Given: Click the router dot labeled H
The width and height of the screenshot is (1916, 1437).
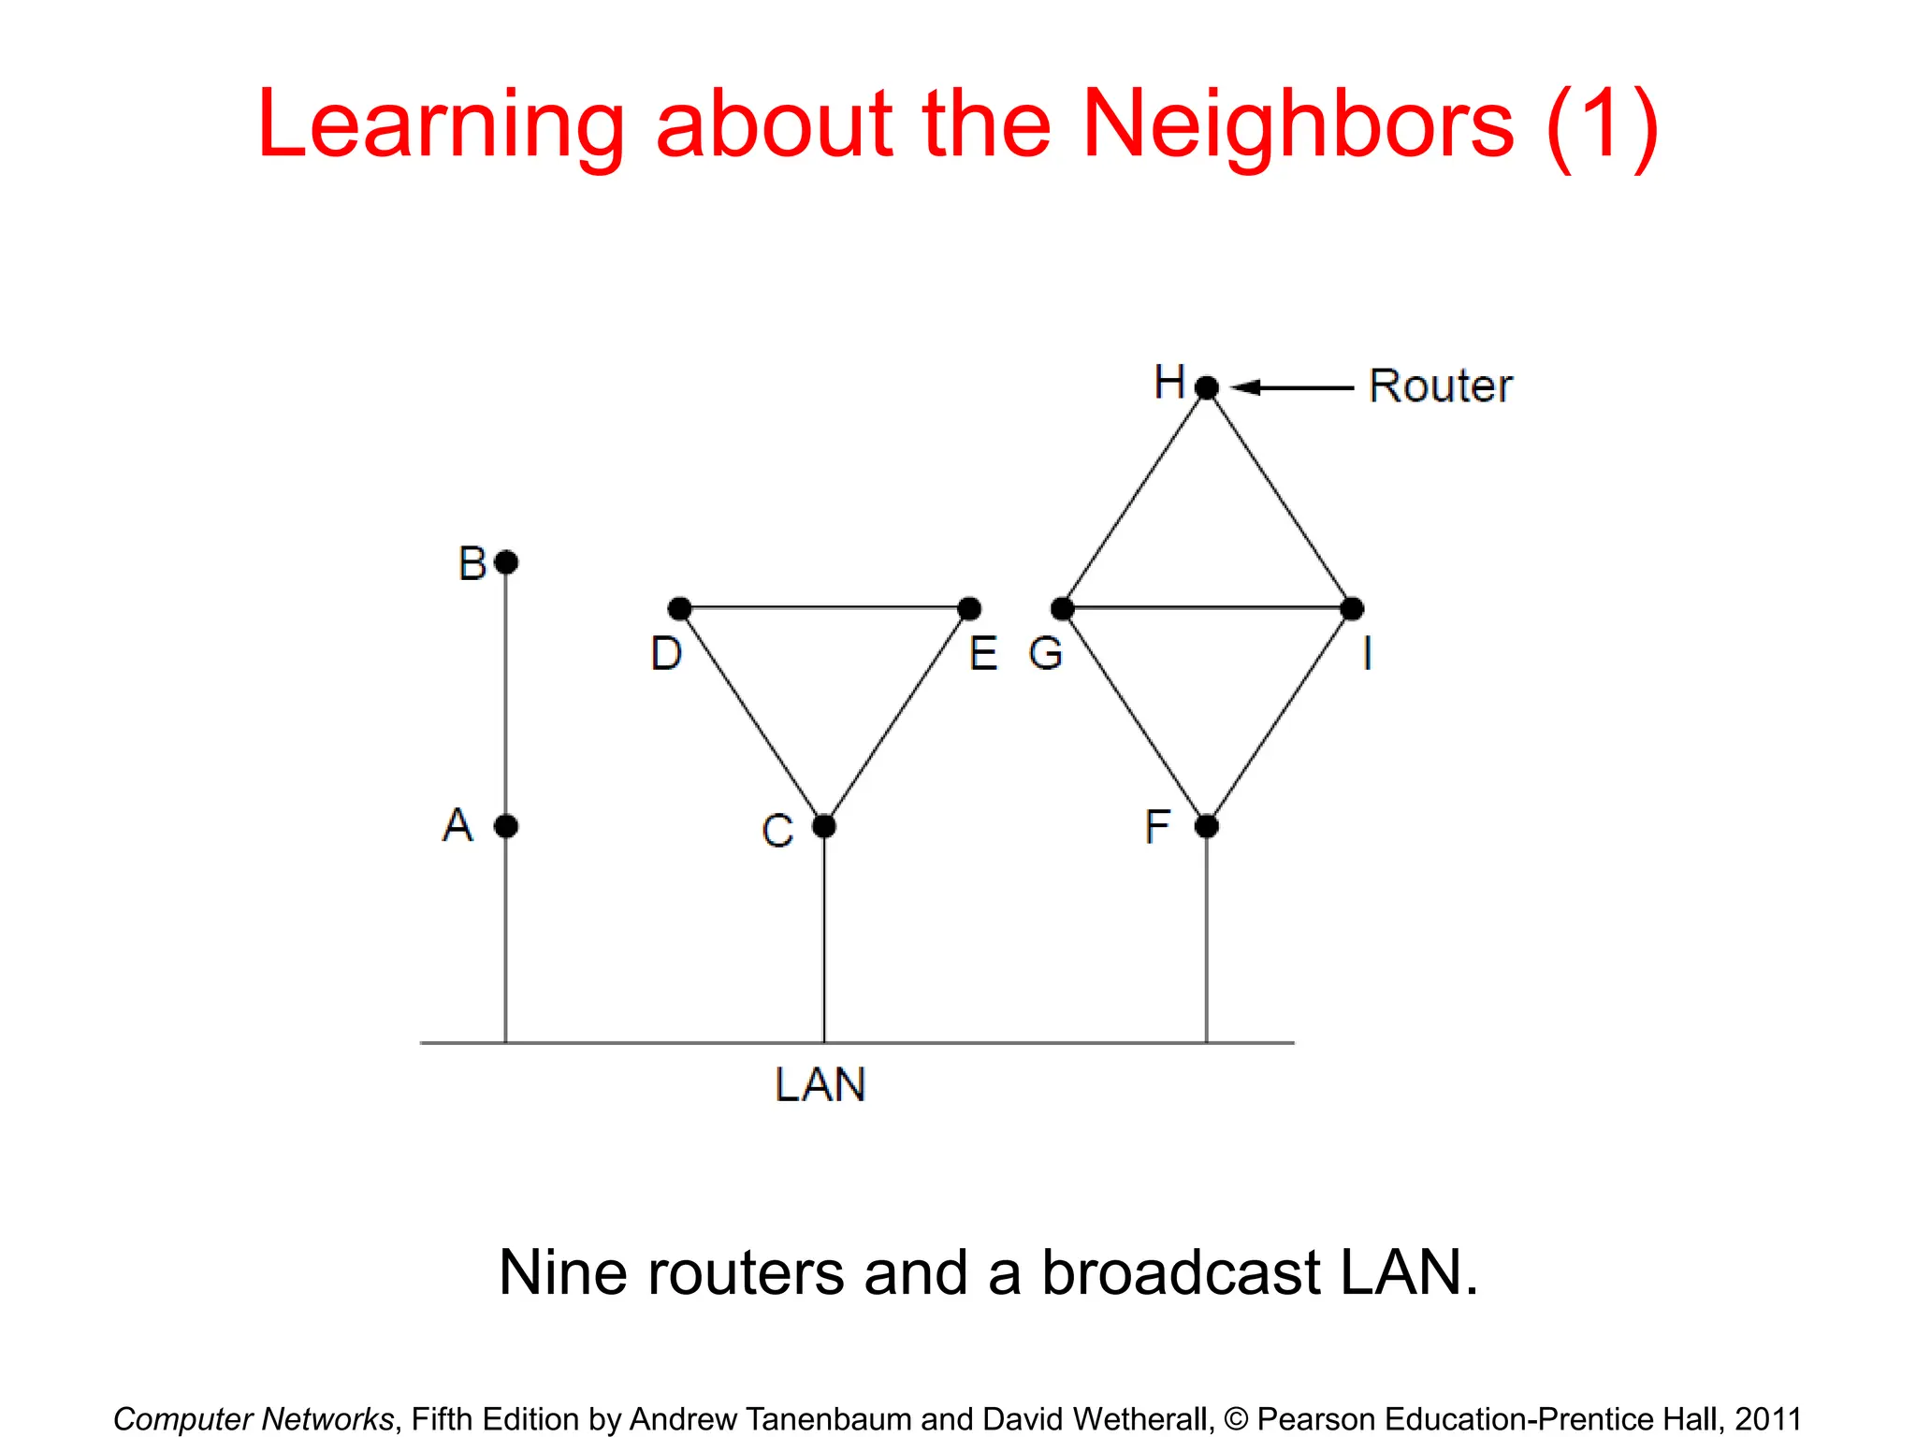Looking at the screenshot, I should (x=1207, y=386).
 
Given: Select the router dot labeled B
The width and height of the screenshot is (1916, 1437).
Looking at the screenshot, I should (x=506, y=562).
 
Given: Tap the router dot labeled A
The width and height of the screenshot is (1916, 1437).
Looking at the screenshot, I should (x=506, y=826).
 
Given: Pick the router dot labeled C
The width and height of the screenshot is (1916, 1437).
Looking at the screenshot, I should (x=823, y=826).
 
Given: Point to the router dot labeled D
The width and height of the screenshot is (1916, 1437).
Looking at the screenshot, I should (x=680, y=609).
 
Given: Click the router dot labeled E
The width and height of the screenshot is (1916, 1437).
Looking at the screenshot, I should (x=969, y=609).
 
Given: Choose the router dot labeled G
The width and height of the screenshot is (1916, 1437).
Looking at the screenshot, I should (x=1063, y=609).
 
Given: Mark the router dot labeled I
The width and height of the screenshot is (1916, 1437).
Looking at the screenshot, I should (x=1352, y=609).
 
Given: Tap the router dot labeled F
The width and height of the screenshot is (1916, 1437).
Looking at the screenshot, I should (x=1207, y=826).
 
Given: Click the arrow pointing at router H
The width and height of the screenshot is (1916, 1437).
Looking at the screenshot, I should (x=1291, y=387).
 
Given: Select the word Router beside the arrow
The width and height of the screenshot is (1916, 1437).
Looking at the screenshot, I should (x=1440, y=386).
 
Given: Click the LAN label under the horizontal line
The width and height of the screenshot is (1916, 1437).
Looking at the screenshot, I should (x=820, y=1085).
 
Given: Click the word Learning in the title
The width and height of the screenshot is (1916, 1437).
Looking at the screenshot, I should (x=441, y=126).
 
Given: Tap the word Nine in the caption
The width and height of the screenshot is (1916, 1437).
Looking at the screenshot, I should (x=561, y=1273).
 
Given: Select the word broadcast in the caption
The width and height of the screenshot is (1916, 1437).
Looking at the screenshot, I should (x=1182, y=1273).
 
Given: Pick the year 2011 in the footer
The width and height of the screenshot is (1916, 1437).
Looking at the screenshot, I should (x=1767, y=1419).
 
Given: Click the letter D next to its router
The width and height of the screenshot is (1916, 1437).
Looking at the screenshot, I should (x=666, y=653).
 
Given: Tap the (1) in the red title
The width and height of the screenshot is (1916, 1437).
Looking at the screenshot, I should (x=1603, y=126).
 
